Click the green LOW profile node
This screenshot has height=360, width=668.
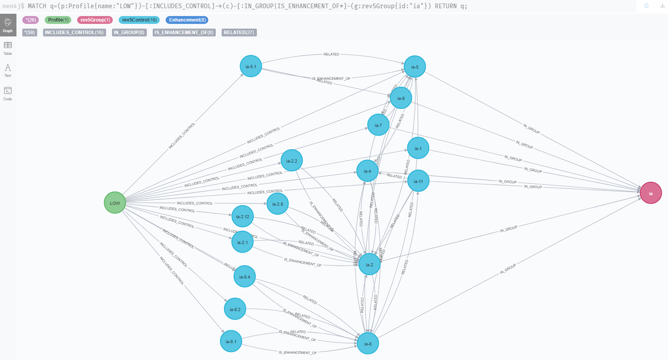pos(115,203)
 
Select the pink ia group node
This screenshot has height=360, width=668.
pos(650,193)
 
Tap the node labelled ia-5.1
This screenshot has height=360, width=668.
pos(251,66)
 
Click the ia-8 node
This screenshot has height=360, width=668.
pos(368,344)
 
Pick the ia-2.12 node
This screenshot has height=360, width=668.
pos(242,216)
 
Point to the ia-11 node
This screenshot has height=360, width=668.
pos(418,181)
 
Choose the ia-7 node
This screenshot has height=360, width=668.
pos(378,125)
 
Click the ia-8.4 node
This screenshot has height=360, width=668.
pos(244,277)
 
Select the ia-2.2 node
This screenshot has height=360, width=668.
pos(291,161)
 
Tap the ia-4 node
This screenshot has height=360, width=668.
pos(367,171)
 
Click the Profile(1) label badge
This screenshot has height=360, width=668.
pos(58,20)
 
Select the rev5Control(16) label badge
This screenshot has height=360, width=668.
pos(139,20)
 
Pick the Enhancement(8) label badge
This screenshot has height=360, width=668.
pos(187,20)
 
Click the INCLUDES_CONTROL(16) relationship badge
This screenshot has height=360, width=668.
pos(74,33)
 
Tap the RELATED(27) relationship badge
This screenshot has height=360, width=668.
pos(239,33)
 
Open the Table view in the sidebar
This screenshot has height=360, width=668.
pos(8,48)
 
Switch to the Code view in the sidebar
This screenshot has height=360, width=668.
pos(8,93)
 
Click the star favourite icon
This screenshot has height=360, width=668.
pos(646,5)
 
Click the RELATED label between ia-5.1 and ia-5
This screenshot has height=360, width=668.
pos(331,54)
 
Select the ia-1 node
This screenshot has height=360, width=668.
pos(418,148)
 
